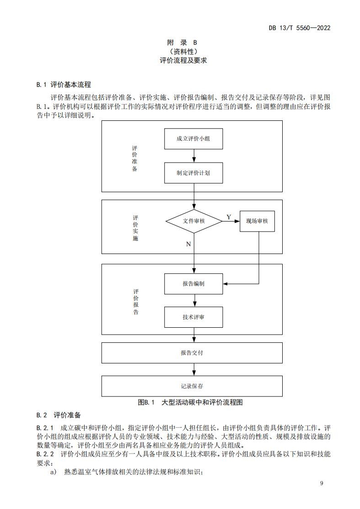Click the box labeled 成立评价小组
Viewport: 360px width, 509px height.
pos(193,139)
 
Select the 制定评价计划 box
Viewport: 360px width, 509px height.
pos(193,173)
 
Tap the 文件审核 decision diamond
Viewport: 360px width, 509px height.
pos(193,221)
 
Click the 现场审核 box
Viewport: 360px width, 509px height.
pos(257,221)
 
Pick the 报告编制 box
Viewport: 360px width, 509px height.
pos(193,284)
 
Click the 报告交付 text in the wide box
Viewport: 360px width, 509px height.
pos(192,353)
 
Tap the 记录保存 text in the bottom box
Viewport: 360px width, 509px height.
pos(192,386)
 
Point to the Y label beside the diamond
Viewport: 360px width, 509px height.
pos(229,217)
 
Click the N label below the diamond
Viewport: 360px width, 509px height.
pos(188,244)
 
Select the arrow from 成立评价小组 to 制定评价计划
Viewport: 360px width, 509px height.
pos(194,156)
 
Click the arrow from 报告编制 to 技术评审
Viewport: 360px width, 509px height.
pos(194,300)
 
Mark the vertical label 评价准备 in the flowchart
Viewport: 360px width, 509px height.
pos(134,158)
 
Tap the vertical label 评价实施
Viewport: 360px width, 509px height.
pos(135,228)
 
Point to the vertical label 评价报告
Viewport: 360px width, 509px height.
pos(136,302)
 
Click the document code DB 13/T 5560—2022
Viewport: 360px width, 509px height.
pos(299,27)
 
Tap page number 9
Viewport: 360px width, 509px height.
pos(322,483)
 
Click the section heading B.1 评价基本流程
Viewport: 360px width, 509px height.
pos(64,85)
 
